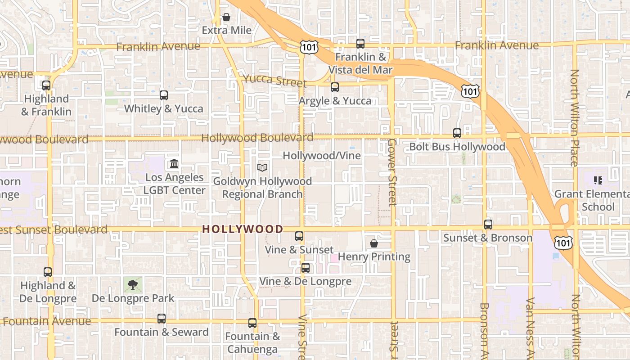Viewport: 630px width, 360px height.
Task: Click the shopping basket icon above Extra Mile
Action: tap(226, 18)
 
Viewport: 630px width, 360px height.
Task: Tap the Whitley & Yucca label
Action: tap(163, 108)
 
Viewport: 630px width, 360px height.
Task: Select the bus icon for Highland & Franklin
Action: tap(46, 85)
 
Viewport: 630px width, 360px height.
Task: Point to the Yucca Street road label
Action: tap(274, 80)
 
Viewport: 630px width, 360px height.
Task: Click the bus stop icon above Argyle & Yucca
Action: tap(335, 87)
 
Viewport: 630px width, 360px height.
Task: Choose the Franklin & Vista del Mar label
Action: tap(360, 63)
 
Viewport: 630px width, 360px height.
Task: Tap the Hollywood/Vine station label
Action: tap(321, 156)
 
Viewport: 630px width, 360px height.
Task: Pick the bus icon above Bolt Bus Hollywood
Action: tap(457, 133)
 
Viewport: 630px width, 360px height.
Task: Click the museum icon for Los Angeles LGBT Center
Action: tap(174, 164)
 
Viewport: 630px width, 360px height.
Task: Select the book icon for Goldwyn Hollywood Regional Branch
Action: tap(262, 167)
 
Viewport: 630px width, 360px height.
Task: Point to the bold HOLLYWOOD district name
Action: tap(243, 229)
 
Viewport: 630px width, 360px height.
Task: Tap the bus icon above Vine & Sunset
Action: tap(299, 236)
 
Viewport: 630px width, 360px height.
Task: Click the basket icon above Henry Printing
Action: tap(374, 243)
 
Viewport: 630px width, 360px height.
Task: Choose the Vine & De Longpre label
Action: tap(305, 282)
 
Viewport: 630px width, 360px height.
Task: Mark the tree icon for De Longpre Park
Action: tap(133, 284)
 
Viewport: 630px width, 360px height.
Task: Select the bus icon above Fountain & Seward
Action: tap(162, 319)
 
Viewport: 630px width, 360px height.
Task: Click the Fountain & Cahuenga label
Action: tap(252, 342)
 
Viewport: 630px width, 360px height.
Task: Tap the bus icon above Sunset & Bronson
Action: tap(488, 224)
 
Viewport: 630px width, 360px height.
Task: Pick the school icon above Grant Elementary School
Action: tap(598, 180)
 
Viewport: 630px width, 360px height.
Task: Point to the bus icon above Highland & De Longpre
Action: tap(48, 272)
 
